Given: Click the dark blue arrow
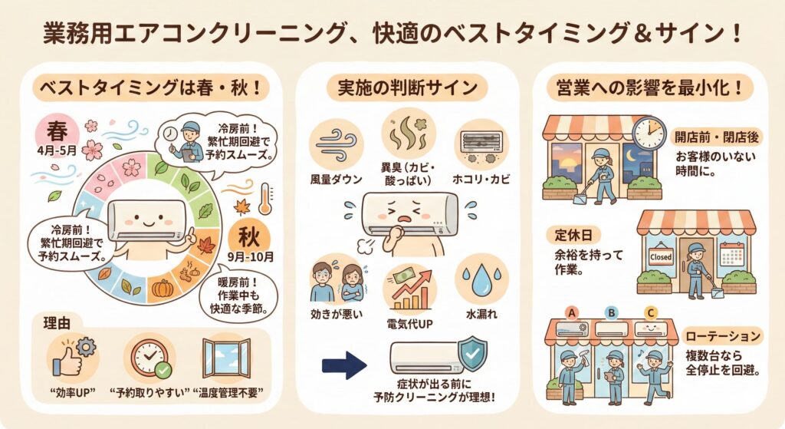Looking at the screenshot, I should point(343,365).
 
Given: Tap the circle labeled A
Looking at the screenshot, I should point(570,312).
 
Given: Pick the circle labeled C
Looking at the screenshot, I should point(651,312).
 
